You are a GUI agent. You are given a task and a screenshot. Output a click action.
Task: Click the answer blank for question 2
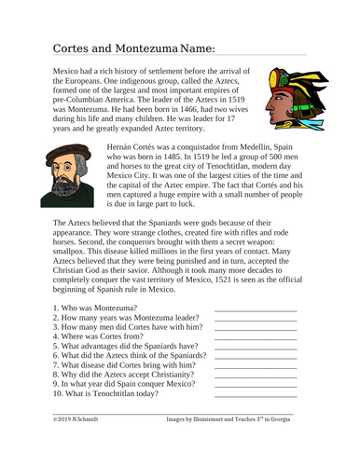[255, 346]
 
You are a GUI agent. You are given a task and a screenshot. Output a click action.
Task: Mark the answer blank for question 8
[255, 406]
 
